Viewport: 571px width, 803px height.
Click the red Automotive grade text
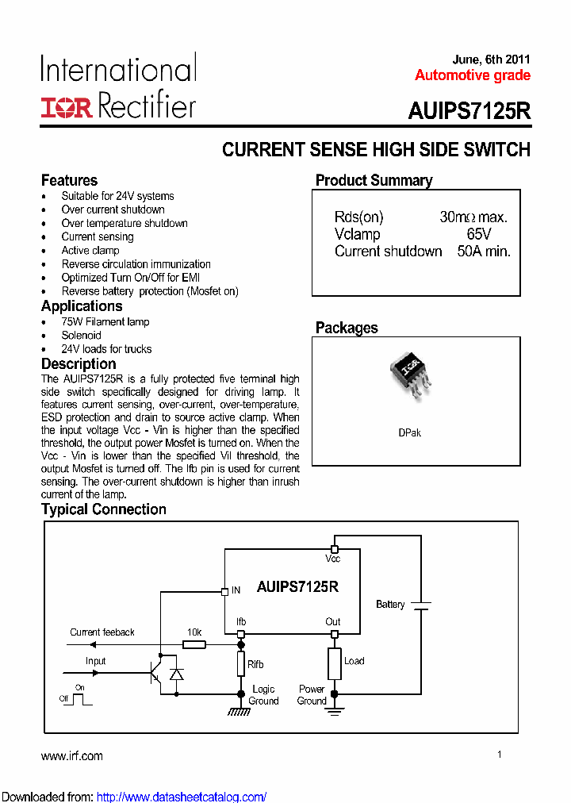tap(472, 76)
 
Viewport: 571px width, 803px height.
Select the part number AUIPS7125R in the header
tap(469, 111)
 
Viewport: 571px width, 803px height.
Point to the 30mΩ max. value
tap(473, 217)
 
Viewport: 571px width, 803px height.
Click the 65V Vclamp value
tap(479, 234)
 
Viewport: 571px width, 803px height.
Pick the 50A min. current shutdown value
tap(484, 252)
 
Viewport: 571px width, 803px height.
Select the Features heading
tap(70, 180)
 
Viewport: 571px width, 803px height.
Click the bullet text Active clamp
tap(90, 251)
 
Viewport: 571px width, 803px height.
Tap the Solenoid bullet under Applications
tap(82, 336)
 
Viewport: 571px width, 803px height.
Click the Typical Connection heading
tap(104, 509)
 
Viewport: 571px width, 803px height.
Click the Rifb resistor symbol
tap(241, 664)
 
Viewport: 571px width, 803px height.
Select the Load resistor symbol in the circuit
tap(334, 663)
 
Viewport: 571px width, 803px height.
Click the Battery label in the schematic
tap(390, 605)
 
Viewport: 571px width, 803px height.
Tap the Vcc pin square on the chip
tap(335, 549)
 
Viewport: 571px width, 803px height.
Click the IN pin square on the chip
tap(224, 590)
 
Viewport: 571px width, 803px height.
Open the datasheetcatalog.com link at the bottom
tap(181, 797)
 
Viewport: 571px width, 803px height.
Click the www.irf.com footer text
tap(72, 756)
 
